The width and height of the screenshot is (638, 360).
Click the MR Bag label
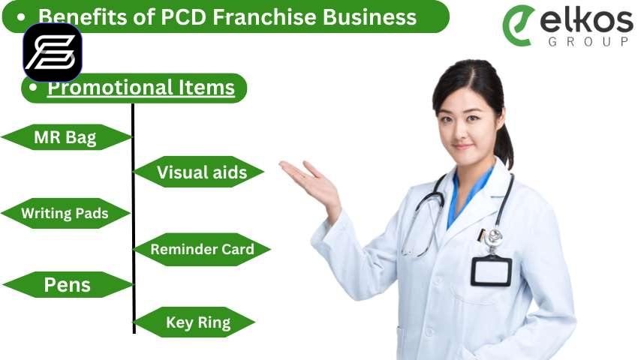pos(65,137)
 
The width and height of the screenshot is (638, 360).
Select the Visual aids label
pos(202,172)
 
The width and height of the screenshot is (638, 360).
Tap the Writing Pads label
pos(65,213)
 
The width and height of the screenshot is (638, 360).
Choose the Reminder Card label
pos(202,249)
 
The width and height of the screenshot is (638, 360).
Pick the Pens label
pos(67,285)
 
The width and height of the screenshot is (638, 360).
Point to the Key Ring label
pos(198,322)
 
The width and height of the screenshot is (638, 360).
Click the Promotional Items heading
pos(141,88)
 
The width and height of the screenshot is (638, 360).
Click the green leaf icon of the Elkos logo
pos(519,25)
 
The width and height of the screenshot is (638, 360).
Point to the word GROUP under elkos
pos(588,41)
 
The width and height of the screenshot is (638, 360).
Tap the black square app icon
pos(53,52)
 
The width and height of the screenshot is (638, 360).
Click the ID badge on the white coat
pos(491,271)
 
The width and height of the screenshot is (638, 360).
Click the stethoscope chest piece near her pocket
pos(494,236)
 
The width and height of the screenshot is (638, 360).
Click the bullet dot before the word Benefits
pos(21,17)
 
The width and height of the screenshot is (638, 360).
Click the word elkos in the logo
pos(586,21)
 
